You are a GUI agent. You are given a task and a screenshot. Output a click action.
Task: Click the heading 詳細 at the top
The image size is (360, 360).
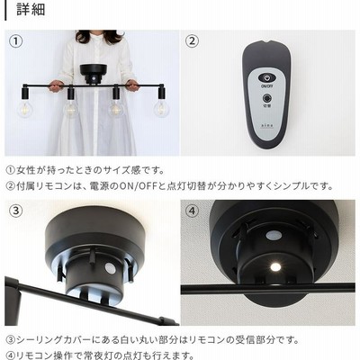coord(31,9)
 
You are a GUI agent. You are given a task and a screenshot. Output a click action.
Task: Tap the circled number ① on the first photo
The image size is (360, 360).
coord(16,41)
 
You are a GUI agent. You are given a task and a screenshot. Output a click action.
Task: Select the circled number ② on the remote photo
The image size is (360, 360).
coord(192,41)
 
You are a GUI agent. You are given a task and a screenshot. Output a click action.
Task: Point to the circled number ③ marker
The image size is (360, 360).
coord(16,211)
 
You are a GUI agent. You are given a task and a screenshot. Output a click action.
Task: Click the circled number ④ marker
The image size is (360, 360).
coord(192,211)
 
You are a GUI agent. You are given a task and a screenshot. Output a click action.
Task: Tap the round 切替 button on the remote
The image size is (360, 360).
coord(266,98)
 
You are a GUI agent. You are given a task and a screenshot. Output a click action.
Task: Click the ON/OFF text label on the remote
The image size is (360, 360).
coord(266,86)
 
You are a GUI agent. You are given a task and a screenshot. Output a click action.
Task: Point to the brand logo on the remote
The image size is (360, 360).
coord(266,126)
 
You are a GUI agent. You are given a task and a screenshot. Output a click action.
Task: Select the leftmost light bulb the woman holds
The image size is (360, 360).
coord(25,108)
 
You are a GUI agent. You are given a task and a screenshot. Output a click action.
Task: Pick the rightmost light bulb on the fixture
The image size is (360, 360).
coord(161,108)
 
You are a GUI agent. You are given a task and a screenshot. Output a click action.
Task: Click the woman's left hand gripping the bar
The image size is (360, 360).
coord(131,85)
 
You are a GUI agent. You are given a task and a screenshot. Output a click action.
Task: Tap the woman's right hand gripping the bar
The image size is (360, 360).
coord(56,85)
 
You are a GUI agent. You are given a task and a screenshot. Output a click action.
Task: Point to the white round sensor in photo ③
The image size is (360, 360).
coord(109,268)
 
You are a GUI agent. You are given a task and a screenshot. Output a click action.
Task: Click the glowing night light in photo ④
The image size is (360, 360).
coord(274,266)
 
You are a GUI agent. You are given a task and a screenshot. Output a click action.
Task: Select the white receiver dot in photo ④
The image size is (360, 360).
coord(274,236)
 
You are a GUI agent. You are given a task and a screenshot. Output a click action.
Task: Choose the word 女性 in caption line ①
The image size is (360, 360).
coord(26,171)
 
